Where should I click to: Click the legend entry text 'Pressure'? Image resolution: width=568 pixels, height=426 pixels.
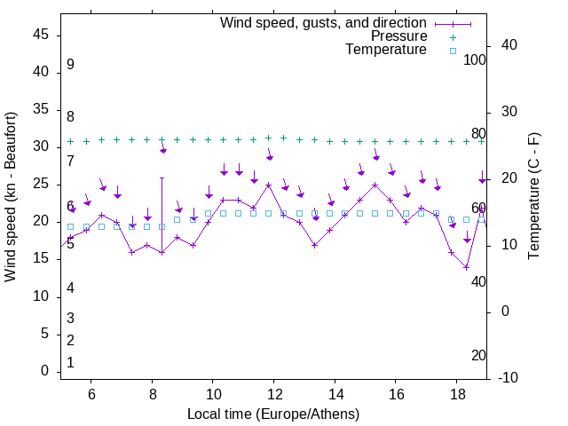398,36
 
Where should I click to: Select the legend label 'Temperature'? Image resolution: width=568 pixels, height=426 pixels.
386,50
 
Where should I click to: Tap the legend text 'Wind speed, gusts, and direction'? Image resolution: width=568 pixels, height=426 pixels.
324,22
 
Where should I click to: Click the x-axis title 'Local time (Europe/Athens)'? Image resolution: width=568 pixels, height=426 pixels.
273,414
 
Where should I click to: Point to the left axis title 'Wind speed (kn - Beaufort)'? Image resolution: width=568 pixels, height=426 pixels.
11,197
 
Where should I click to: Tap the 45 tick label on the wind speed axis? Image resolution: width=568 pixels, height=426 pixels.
41,34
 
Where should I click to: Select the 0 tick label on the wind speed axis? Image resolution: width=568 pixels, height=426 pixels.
44,371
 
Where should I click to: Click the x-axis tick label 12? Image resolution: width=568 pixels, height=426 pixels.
273,394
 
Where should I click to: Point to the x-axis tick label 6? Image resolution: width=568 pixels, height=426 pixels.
91,394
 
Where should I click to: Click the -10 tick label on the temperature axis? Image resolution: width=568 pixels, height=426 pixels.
508,378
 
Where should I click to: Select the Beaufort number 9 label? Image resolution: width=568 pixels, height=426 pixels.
70,65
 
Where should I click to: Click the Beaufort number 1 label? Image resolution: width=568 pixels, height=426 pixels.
70,362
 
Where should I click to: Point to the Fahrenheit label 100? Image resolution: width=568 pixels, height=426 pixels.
476,59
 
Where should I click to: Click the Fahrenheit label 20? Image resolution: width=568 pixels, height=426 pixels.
478,355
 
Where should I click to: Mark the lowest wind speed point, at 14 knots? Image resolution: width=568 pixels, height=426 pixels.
466,267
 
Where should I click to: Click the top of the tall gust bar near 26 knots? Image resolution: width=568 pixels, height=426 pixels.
162,177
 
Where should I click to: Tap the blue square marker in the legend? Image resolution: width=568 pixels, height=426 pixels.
452,51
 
